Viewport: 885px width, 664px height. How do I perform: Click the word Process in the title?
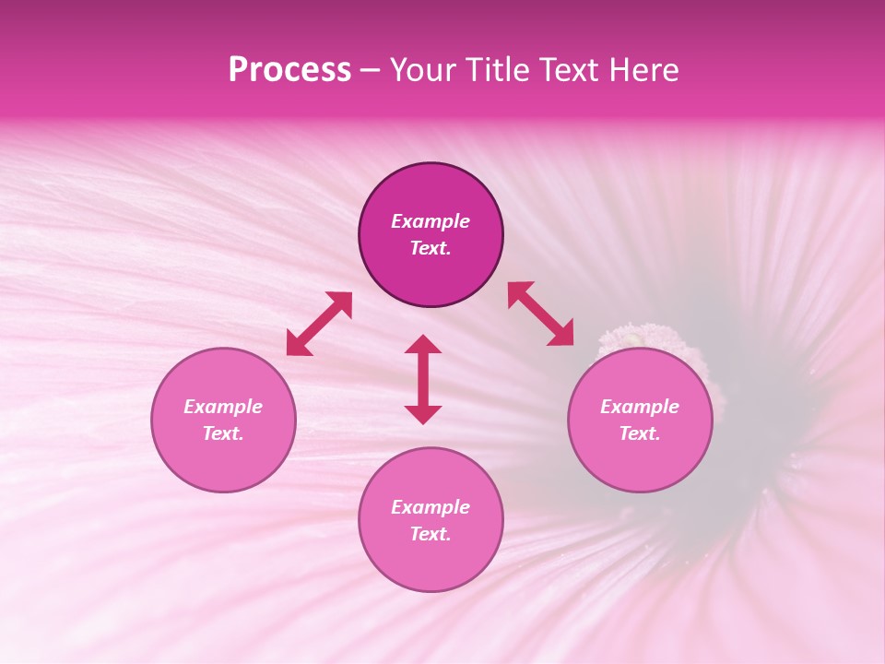pyautogui.click(x=289, y=70)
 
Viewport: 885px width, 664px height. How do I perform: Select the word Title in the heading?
pyautogui.click(x=498, y=70)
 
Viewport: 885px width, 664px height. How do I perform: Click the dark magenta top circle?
pyautogui.click(x=431, y=277)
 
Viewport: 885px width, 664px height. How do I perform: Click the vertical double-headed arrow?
pyautogui.click(x=423, y=379)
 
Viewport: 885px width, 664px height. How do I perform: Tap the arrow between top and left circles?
pyautogui.click(x=319, y=324)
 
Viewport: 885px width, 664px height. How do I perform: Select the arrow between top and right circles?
pyautogui.click(x=541, y=314)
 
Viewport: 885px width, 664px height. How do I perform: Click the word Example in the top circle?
pyautogui.click(x=431, y=221)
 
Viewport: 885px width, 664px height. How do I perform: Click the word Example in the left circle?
pyautogui.click(x=223, y=407)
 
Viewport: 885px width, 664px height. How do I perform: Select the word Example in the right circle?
pyautogui.click(x=640, y=407)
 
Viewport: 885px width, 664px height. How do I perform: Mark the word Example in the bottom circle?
pyautogui.click(x=431, y=507)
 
